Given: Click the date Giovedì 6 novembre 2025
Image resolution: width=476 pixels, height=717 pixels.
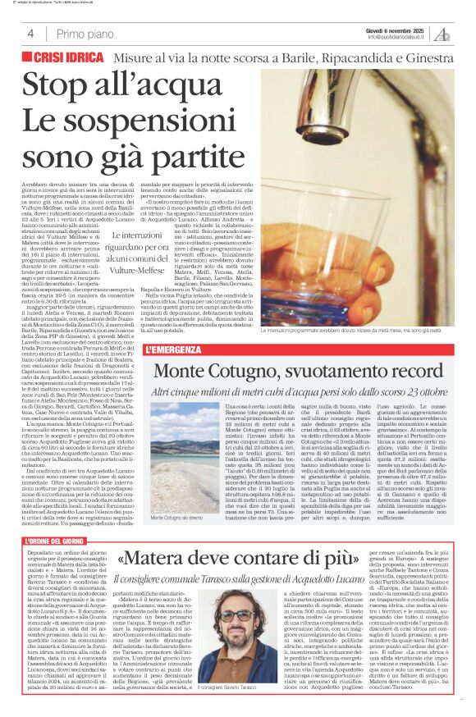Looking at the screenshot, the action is point(398,30).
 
